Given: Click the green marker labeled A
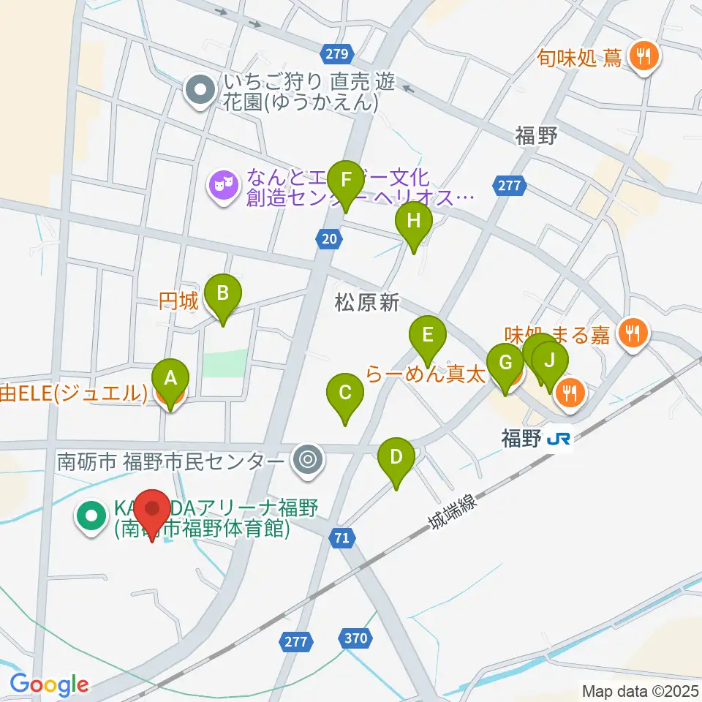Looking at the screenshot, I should pos(170,380).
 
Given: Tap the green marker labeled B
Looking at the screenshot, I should pos(223,294).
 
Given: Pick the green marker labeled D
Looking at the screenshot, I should pos(396,458).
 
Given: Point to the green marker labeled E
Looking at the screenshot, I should pos(429,336).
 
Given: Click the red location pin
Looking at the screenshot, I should pos(153,509).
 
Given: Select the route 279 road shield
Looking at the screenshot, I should pos(337,53).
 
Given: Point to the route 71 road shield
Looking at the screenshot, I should pos(341,538).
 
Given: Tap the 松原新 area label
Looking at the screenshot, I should pos(367,303).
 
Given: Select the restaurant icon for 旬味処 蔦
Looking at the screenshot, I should pos(643,56).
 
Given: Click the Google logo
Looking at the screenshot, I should pos(48,684).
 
